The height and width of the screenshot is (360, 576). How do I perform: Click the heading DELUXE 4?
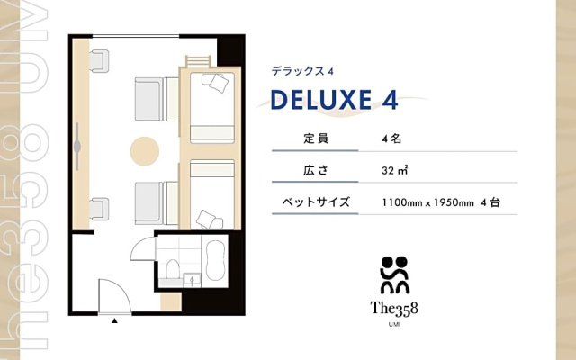coord(334,100)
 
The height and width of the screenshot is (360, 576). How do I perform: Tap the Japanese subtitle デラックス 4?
coord(302,71)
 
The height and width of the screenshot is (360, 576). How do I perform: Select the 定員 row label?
coord(316,139)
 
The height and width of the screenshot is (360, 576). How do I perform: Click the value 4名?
coord(391,139)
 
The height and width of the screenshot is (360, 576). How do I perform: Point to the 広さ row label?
coord(316,170)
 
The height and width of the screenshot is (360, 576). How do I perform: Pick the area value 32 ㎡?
coord(395,170)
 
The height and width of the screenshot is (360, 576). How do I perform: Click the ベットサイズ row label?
coord(316,202)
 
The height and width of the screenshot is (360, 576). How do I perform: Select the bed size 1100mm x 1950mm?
coord(428,202)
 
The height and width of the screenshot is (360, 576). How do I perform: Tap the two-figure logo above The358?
coord(394,274)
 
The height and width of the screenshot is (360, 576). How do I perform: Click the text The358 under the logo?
coord(394,309)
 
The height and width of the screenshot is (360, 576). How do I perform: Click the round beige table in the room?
coord(144,151)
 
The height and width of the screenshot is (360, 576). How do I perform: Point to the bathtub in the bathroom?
coord(215,260)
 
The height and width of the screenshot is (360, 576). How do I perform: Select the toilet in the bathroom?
coord(172,269)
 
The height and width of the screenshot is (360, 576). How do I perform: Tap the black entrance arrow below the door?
coord(114,320)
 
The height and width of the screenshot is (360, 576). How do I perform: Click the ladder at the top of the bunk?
coord(198,61)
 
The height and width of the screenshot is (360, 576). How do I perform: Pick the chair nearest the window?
coord(99,61)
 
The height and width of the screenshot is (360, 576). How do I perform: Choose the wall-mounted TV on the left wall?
coord(77,147)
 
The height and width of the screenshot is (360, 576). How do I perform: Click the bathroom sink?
coord(192,280)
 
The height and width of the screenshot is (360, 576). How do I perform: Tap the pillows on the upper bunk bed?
coord(217,82)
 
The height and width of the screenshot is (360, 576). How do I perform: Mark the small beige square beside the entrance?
coord(171,302)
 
